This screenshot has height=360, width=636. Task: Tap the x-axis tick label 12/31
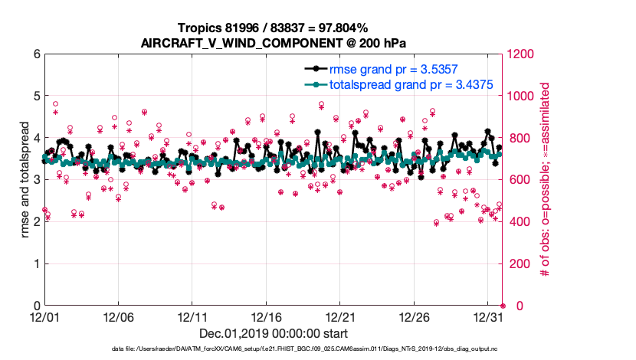488,316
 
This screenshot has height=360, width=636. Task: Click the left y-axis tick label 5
36,97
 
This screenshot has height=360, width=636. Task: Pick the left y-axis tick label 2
36,222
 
